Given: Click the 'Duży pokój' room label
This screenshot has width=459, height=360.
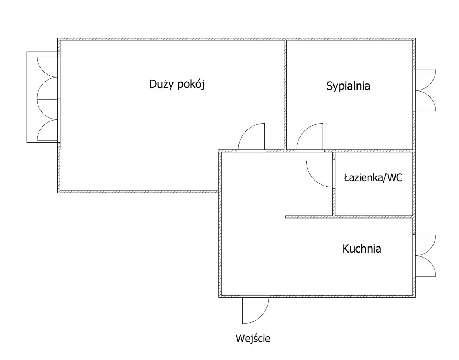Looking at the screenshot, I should pos(177,85).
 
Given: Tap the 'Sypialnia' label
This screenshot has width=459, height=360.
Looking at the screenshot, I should pos(348,86).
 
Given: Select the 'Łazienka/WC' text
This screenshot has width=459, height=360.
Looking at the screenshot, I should pos(373,177).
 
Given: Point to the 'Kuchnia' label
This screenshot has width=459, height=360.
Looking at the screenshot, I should pos(361,249).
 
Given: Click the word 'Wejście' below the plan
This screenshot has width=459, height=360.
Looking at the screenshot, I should pos(253,338).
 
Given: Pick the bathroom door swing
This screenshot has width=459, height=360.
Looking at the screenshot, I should pos(318,174).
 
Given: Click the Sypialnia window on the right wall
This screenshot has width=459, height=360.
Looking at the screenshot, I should pos(425,90).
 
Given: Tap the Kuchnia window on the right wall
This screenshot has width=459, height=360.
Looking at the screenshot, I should pos(425,255).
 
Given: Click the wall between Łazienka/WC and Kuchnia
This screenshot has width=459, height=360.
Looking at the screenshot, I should pos(373,216).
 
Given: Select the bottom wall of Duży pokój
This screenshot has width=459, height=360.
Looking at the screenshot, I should pos(138,192).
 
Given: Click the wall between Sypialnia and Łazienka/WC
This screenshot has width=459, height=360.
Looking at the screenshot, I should pos(373,150).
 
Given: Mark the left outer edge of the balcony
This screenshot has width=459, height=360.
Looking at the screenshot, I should pos(27,97).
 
